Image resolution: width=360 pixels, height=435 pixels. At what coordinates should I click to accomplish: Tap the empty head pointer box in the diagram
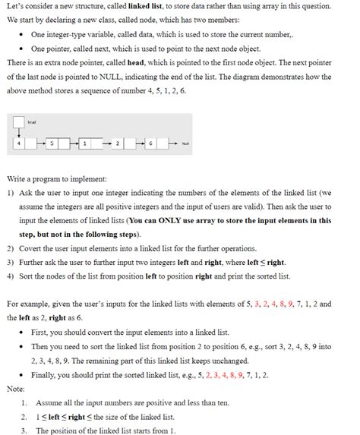18,123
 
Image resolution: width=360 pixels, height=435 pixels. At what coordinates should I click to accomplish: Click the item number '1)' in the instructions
10,193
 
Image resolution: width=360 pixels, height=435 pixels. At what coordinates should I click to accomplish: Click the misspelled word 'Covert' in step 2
33,248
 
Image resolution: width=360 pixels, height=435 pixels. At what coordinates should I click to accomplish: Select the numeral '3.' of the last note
25,430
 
